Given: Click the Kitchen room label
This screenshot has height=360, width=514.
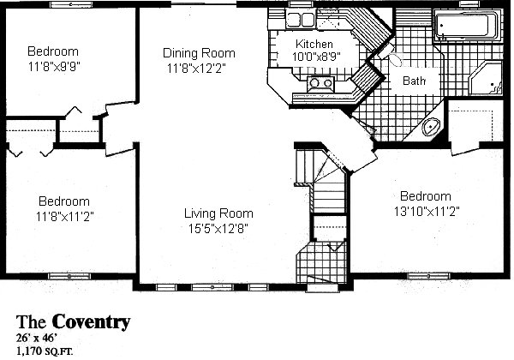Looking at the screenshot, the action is (314, 44).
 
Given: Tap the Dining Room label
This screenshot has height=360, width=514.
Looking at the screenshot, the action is (199, 53).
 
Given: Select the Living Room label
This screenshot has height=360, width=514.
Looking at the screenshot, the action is (218, 213).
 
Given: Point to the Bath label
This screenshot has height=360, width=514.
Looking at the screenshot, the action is (414, 81).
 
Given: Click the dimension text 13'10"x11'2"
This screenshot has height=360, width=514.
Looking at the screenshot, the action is (427, 211).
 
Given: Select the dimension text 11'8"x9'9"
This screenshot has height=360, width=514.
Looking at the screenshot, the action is (54, 67).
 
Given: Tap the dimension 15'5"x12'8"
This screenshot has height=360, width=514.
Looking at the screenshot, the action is (218, 228).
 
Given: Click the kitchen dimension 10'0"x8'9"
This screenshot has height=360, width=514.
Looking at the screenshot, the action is (316, 56).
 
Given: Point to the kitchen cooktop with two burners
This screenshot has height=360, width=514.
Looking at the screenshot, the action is (320, 84).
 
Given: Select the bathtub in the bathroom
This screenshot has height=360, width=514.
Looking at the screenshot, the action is (467, 26).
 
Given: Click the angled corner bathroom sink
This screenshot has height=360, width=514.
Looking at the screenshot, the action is (430, 126).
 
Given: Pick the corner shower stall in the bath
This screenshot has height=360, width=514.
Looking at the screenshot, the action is (486, 80).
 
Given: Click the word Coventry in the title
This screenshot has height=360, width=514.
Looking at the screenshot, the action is (91, 321).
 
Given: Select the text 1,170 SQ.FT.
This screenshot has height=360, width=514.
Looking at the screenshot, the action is (45, 351).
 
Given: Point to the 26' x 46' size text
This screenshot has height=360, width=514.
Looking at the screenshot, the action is (37, 338).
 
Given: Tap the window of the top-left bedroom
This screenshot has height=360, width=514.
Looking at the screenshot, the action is (71, 4).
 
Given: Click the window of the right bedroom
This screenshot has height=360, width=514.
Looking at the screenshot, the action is (428, 276).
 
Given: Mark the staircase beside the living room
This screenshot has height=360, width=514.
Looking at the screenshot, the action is (320, 180).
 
